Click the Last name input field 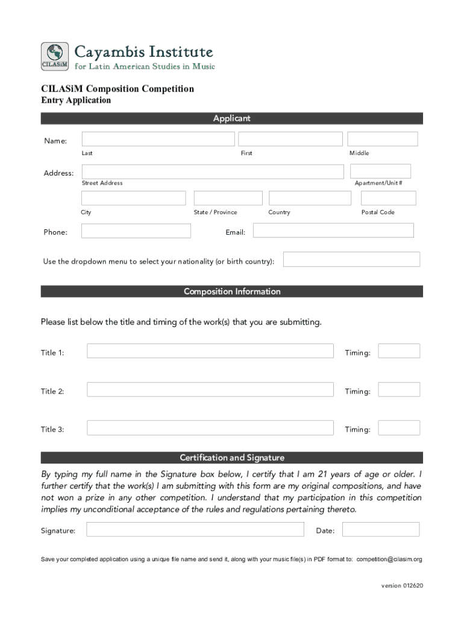[x=158, y=139]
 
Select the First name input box [x=290, y=139]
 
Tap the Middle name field [x=382, y=139]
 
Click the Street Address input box [x=212, y=171]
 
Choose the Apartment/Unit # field [x=380, y=171]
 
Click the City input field [x=133, y=198]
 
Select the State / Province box [x=228, y=198]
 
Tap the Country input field [x=310, y=198]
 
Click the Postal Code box [x=388, y=198]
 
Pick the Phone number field [x=136, y=231]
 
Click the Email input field [x=333, y=231]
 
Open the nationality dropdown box [x=351, y=260]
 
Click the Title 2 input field [x=210, y=389]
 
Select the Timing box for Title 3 [x=398, y=428]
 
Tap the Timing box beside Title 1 [x=398, y=351]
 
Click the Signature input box [x=195, y=529]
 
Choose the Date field [x=380, y=529]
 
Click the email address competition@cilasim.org [x=389, y=559]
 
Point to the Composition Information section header [x=232, y=291]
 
